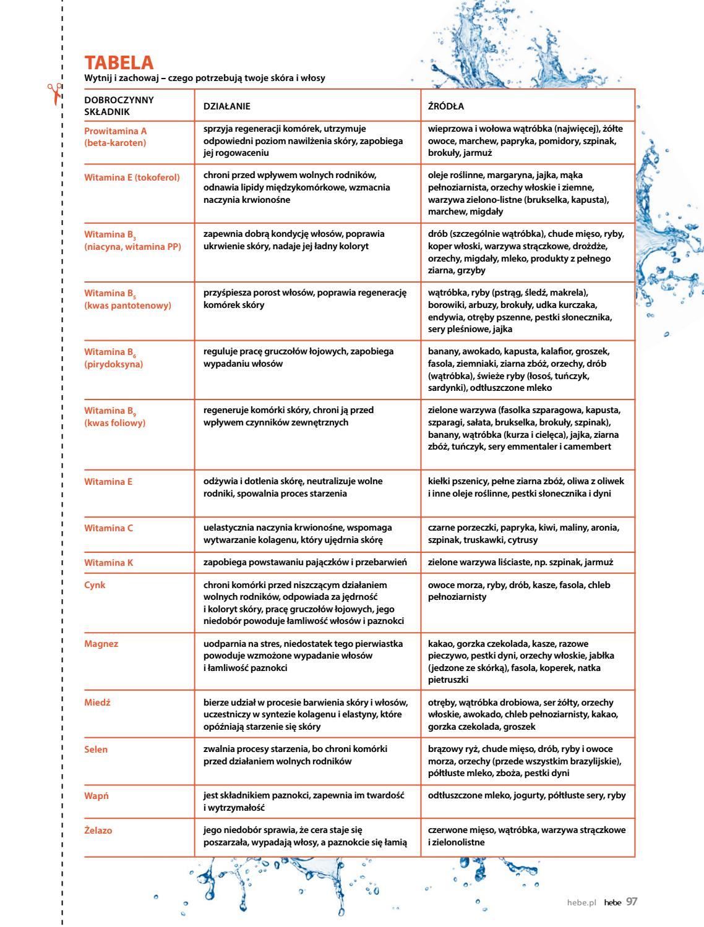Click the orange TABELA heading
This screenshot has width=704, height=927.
(119, 62)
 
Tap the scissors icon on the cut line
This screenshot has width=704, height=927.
(55, 93)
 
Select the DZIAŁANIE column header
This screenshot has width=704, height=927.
(227, 106)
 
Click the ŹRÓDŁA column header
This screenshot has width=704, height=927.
(446, 106)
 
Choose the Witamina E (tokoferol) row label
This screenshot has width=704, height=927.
(132, 177)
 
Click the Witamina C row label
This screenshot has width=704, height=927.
(109, 528)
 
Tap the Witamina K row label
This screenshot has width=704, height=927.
(109, 563)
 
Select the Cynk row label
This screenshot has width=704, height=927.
(95, 585)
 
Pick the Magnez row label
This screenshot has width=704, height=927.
(101, 644)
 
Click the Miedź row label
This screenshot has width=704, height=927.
(98, 703)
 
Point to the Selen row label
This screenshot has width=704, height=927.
(96, 750)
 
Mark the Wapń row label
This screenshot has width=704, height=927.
(97, 796)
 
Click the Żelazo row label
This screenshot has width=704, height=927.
(98, 831)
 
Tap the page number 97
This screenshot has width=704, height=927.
(631, 902)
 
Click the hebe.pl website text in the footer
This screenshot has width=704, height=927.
(581, 902)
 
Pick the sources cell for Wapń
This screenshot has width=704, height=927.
(526, 796)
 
